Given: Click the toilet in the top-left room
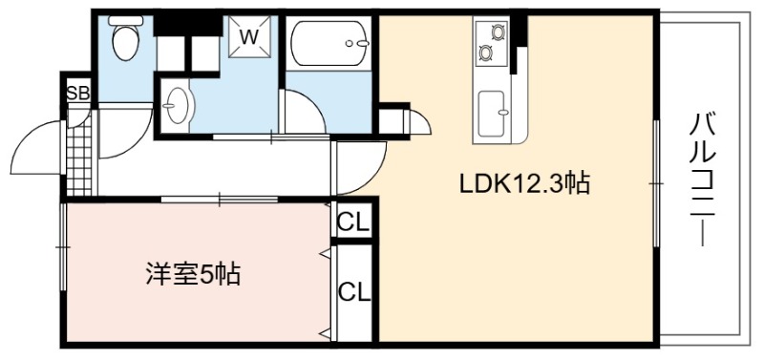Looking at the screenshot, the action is pyautogui.click(x=126, y=37).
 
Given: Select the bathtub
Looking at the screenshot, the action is pyautogui.click(x=329, y=43).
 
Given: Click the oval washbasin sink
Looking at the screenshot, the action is pyautogui.click(x=177, y=105).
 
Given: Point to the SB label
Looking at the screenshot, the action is pyautogui.click(x=78, y=93).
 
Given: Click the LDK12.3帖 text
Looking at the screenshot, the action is pyautogui.click(x=525, y=184).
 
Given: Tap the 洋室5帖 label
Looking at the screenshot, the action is pyautogui.click(x=194, y=274).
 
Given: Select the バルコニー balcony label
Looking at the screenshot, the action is pyautogui.click(x=703, y=179).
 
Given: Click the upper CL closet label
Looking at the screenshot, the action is pyautogui.click(x=353, y=223).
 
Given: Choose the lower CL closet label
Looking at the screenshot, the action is pyautogui.click(x=354, y=293).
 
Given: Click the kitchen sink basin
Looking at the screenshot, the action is pyautogui.click(x=492, y=114).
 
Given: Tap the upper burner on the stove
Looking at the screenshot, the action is pyautogui.click(x=498, y=32).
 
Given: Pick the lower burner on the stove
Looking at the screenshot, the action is pyautogui.click(x=485, y=52).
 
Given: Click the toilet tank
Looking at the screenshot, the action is pyautogui.click(x=126, y=20).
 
